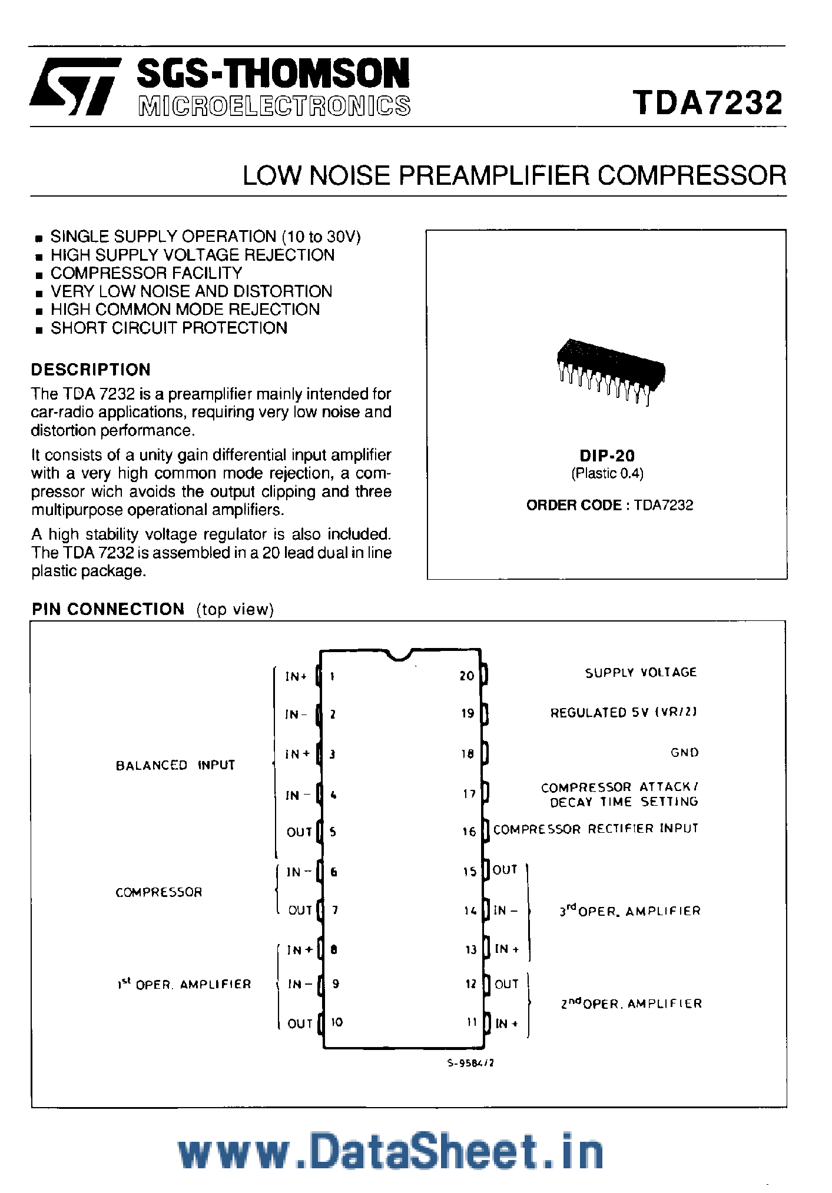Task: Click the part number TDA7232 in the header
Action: coord(708,102)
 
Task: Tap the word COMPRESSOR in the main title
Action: coord(691,175)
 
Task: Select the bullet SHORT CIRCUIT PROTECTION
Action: coord(168,328)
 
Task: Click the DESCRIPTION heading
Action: coord(91,370)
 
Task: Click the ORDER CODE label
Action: coord(574,505)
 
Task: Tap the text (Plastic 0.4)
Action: coord(607,473)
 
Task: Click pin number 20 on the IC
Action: coord(467,676)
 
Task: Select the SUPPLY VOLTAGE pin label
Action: coord(641,672)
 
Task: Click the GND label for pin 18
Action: coord(684,752)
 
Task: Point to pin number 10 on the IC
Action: coord(337,1022)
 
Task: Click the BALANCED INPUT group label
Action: coord(175,765)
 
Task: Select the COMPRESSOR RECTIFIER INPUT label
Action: coord(595,829)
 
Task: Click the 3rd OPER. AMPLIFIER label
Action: coord(629,911)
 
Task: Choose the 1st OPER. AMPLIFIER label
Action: coord(184,984)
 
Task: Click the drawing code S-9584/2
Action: coord(470,1063)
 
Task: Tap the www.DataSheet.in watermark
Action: coord(390,1151)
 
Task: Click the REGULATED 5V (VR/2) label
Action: coord(623,712)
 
